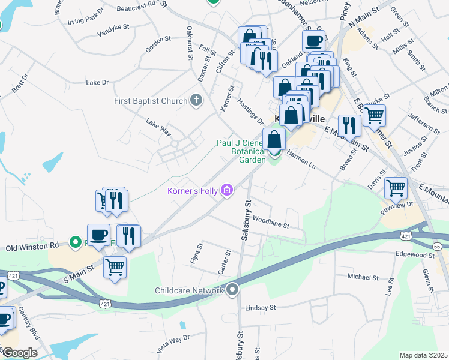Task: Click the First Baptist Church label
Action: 151,101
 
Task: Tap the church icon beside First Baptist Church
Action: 196,100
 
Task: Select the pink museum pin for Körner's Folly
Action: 226,191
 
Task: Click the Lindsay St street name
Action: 260,307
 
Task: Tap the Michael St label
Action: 363,277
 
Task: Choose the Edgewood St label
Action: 415,255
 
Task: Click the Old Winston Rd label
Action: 32,246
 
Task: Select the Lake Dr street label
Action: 97,83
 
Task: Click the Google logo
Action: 19,353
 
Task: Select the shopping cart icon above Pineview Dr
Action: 396,188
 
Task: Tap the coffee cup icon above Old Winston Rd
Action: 98,234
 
